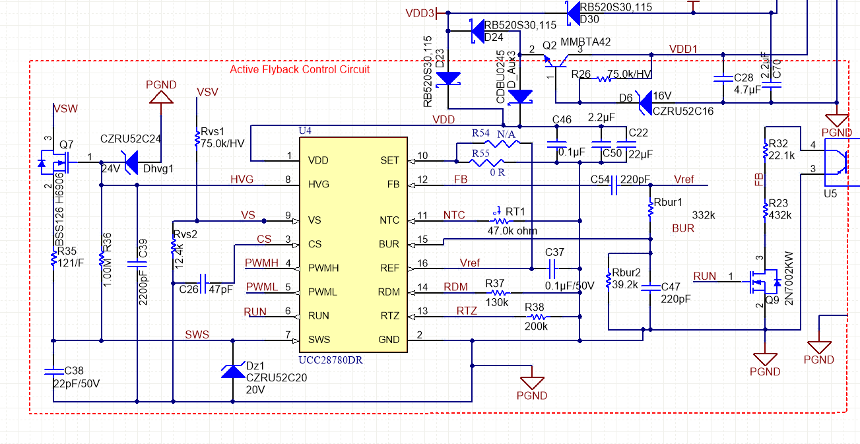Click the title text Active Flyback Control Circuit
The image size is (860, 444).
point(300,69)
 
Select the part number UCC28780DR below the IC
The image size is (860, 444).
point(331,360)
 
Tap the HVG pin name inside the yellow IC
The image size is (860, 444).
point(319,184)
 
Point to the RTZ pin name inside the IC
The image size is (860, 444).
point(389,316)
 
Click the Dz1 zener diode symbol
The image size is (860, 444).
point(233,371)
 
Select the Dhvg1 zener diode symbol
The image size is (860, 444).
point(131,162)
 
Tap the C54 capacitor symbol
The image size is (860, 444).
point(614,185)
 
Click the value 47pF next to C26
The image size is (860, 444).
point(220,289)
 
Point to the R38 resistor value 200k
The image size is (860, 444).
point(536,326)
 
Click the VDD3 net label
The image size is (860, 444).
point(420,13)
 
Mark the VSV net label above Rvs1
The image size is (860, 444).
point(207,92)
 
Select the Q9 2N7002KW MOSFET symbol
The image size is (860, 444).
point(763,282)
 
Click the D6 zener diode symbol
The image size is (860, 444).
point(645,103)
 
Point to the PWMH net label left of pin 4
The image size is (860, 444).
point(261,263)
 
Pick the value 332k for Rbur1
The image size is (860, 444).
point(704,215)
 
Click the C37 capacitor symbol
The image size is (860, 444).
point(552,269)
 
